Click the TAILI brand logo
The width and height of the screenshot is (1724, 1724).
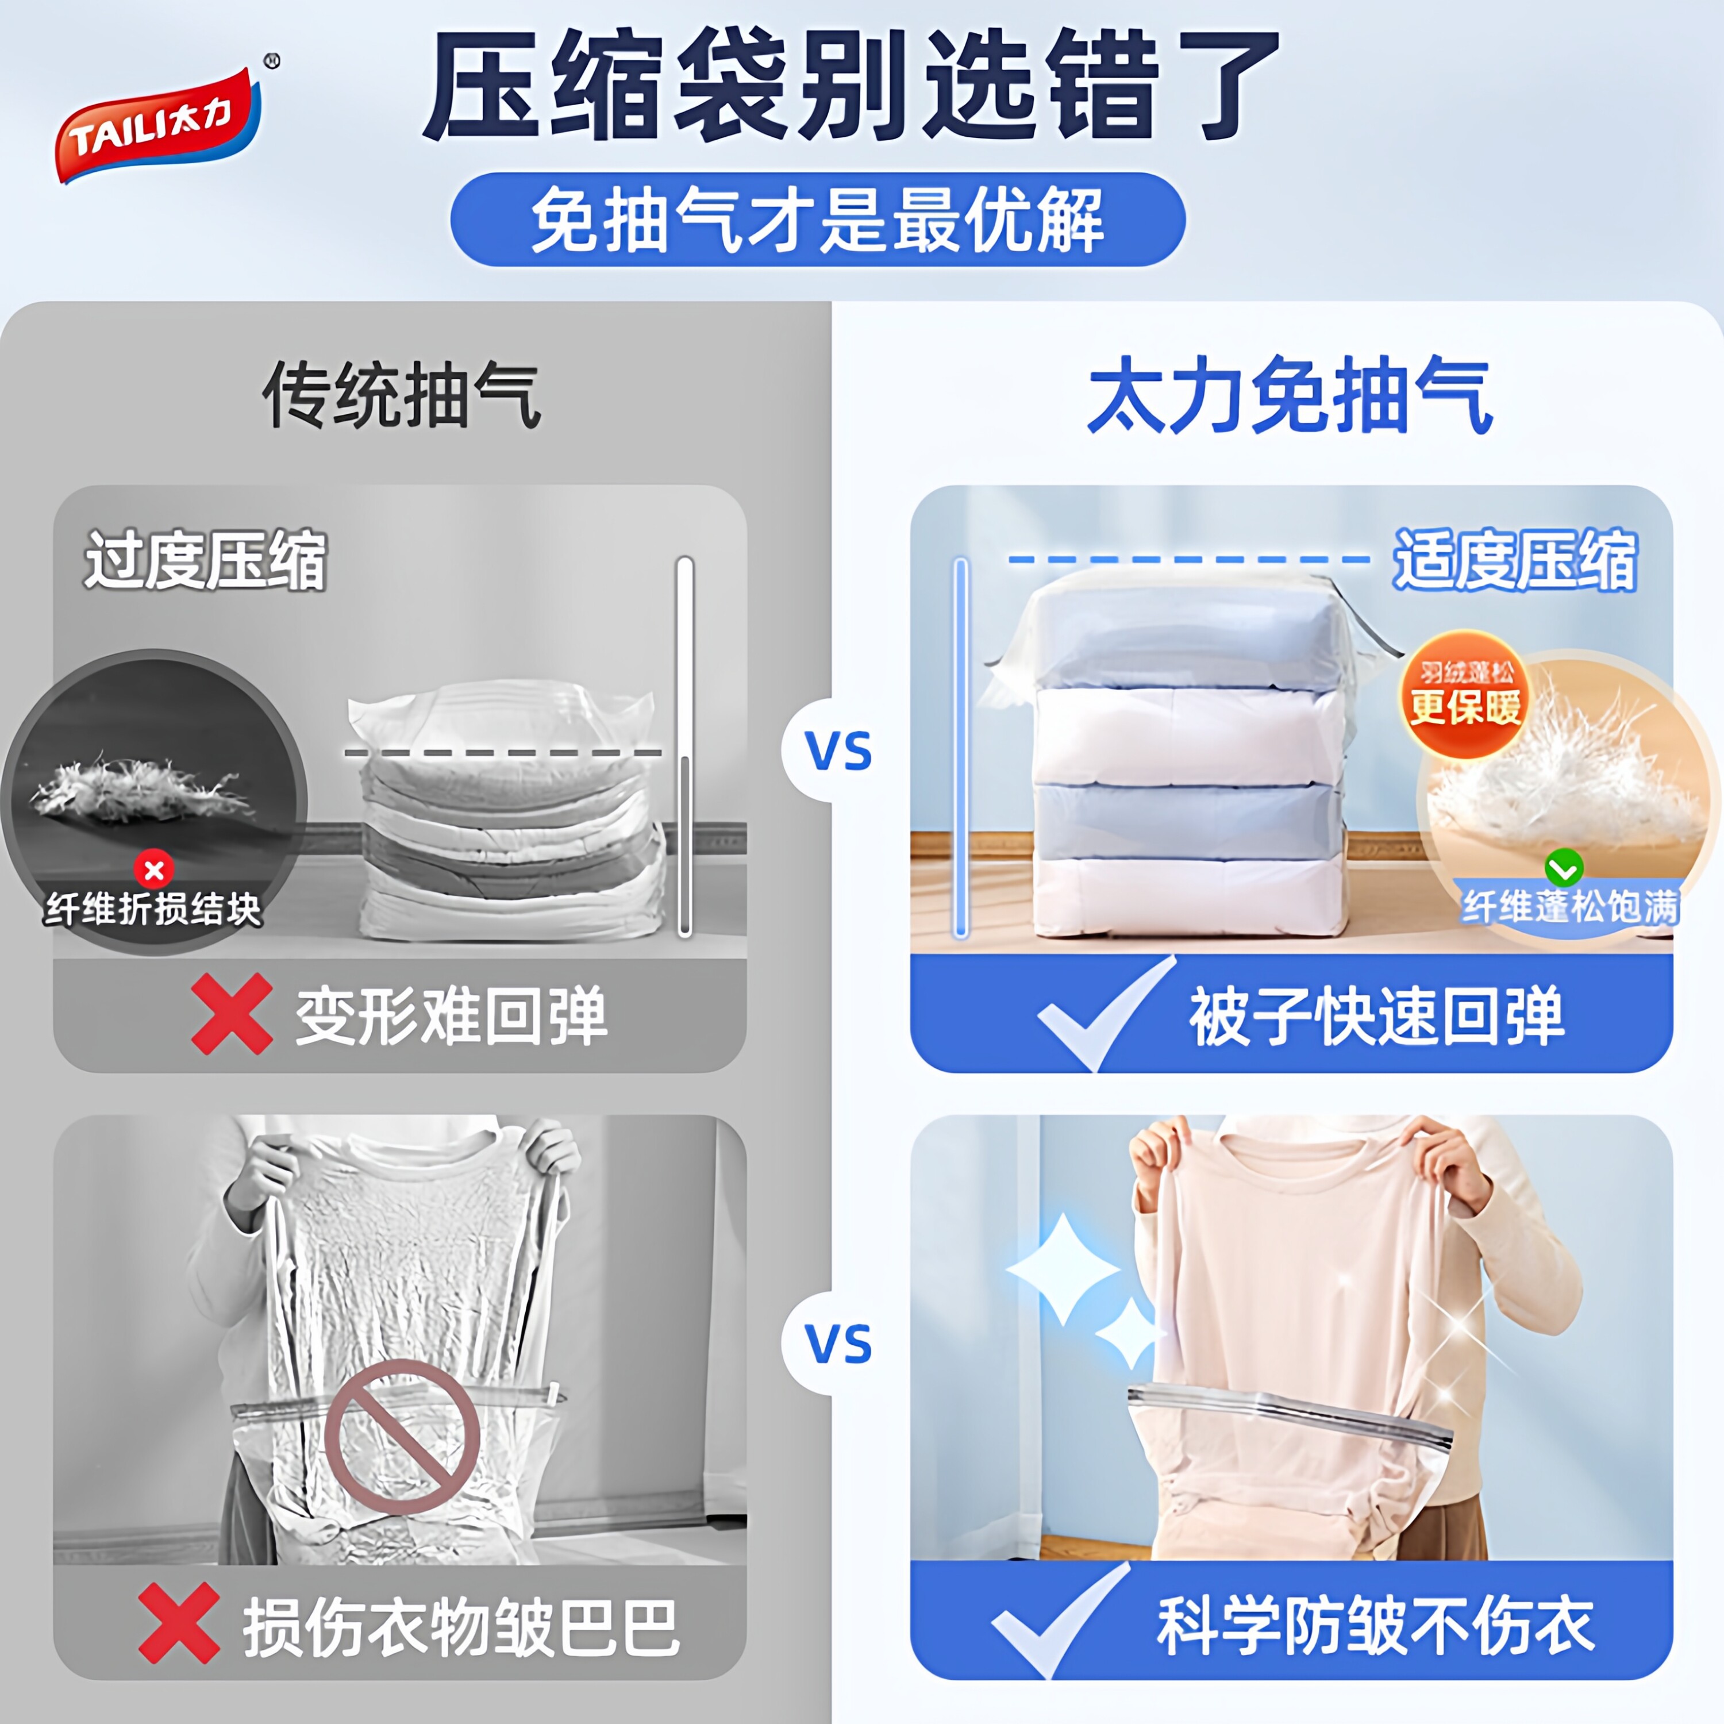tap(159, 125)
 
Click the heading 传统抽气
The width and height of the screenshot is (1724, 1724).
tap(402, 395)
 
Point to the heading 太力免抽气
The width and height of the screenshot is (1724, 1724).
tap(1290, 395)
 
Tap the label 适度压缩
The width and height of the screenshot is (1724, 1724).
tap(1515, 560)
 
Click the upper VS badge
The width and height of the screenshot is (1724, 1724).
tap(837, 751)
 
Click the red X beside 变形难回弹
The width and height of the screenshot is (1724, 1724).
tap(231, 1015)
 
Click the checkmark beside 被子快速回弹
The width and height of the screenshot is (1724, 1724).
tap(1105, 1015)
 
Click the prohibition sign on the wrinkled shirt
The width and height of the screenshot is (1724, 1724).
tap(402, 1437)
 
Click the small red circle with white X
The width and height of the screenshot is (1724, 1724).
tap(153, 870)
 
